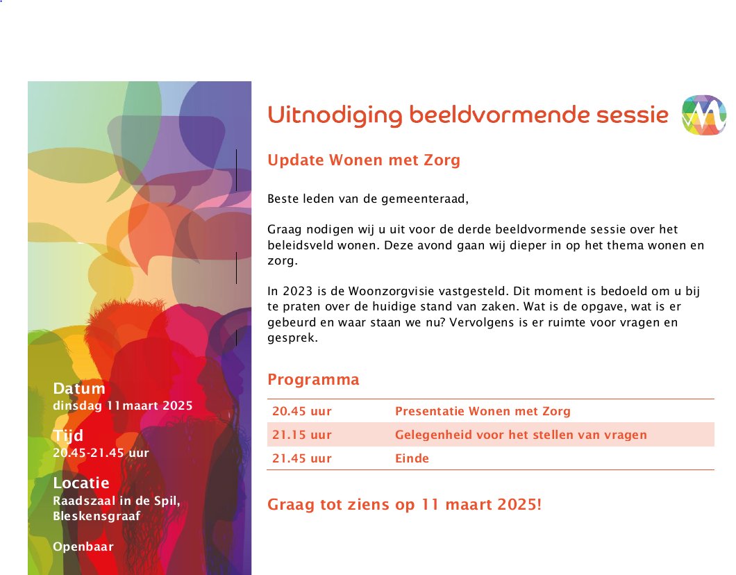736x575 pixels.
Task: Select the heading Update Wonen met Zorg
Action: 364,160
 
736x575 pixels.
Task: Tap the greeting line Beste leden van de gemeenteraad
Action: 368,199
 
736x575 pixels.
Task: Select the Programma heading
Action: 313,380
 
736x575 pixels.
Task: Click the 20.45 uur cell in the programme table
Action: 302,411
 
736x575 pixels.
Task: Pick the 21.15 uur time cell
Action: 302,435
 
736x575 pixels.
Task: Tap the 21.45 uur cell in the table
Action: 302,458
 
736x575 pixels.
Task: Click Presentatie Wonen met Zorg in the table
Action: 483,411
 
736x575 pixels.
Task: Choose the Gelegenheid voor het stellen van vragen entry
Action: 521,435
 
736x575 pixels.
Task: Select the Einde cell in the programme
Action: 412,458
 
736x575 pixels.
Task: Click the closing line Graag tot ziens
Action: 404,504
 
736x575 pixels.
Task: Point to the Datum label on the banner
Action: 79,388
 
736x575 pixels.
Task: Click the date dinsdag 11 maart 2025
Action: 123,406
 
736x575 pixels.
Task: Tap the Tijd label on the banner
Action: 68,435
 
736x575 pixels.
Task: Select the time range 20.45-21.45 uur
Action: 101,453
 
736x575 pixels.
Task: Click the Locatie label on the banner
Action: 81,483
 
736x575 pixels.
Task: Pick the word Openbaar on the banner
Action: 83,547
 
